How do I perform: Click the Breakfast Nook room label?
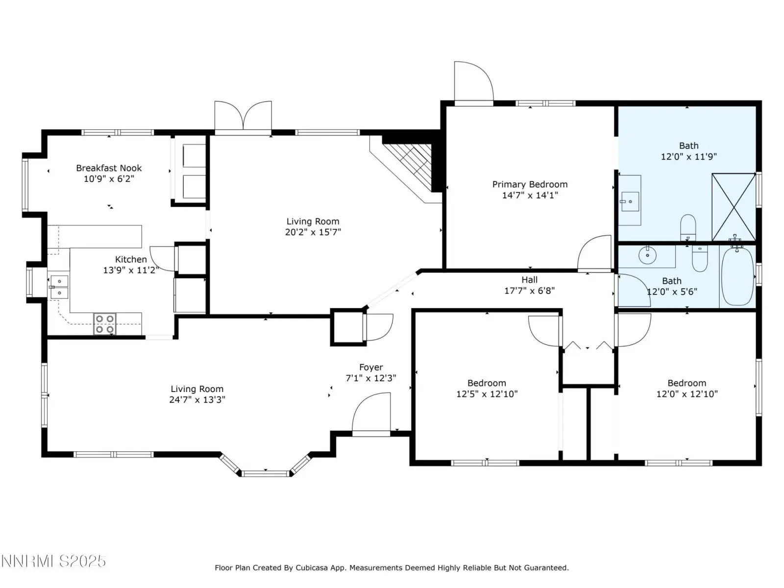tap(109, 168)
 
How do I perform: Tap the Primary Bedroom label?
tap(530, 184)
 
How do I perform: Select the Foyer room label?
tap(371, 367)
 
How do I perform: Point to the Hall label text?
tap(529, 279)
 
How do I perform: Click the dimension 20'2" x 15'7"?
tap(313, 232)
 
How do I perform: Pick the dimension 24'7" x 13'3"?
tap(197, 399)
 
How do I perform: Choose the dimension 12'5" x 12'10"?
tap(487, 394)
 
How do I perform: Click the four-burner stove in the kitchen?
tap(105, 324)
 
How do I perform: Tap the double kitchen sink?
tap(59, 287)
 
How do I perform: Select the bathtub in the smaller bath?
tap(737, 277)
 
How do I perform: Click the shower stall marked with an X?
tap(734, 207)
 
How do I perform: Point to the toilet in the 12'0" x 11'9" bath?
tap(688, 227)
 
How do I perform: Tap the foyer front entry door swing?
tap(371, 414)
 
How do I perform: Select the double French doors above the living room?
tap(243, 118)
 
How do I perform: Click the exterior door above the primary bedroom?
tap(474, 84)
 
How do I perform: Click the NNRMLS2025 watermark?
tap(53, 561)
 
